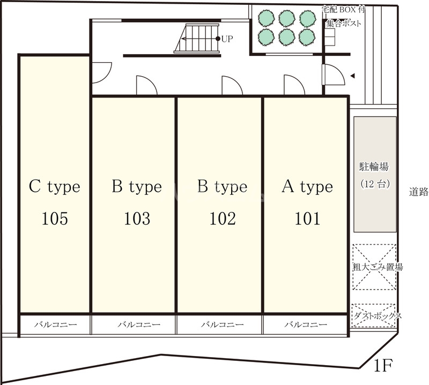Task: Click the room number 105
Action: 55,219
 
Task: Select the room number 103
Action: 137,219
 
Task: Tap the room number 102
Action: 223,219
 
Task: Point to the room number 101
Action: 307,219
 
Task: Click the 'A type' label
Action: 307,187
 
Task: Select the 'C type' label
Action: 55,187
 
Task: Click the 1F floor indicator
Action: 383,366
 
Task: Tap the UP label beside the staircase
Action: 227,39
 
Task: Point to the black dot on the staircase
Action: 218,39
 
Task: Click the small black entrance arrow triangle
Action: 353,76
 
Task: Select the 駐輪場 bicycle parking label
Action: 374,167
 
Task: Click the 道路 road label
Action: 419,192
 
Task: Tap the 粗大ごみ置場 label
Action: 378,267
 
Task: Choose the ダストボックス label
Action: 378,316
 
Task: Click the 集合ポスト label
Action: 344,24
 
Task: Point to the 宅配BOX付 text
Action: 344,10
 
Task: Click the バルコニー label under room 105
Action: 56,325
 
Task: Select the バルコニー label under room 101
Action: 306,325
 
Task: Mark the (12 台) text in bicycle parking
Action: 375,184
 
